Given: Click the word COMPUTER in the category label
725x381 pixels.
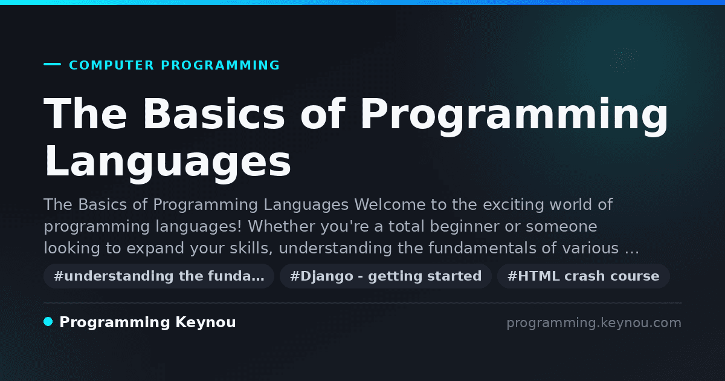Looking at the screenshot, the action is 111,65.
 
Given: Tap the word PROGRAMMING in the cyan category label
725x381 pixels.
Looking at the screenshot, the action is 220,65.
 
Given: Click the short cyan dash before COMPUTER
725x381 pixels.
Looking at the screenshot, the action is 52,64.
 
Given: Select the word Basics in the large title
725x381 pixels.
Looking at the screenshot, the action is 213,114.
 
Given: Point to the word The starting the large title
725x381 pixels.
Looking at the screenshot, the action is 85,114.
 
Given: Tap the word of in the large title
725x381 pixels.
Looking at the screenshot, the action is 323,114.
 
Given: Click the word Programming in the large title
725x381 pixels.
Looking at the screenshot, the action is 514,116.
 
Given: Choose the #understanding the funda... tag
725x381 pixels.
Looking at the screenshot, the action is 159,276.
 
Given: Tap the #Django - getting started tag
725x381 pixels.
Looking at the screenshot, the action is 386,276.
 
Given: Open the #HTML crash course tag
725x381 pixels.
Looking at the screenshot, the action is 583,276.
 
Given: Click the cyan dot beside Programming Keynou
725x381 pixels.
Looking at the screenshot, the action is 48,322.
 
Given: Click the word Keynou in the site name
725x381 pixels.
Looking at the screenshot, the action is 205,323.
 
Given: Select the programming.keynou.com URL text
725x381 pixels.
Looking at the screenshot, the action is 594,323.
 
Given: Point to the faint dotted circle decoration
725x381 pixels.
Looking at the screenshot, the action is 624,60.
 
